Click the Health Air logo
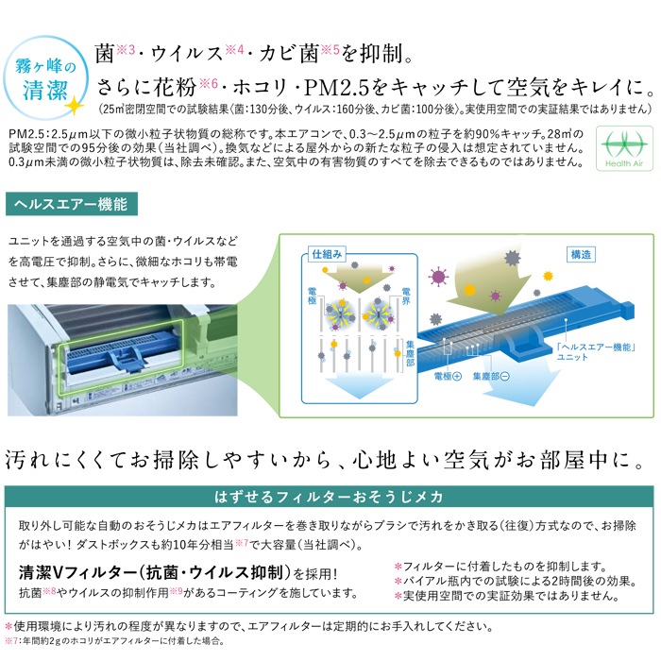point(624,148)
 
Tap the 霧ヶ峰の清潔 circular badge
point(45,78)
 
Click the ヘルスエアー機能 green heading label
point(71,204)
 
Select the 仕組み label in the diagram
point(327,254)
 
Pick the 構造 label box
point(581,255)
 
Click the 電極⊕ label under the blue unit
point(448,376)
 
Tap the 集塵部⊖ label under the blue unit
point(491,376)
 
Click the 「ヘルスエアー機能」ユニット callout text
point(596,351)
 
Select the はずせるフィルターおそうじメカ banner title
point(329,497)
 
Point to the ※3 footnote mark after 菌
point(126,50)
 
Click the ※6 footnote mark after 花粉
point(209,83)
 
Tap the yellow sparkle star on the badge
point(75,106)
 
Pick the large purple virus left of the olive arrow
point(438,277)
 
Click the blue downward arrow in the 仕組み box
point(359,385)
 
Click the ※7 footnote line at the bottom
point(114,641)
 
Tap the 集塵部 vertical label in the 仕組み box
point(410,353)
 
